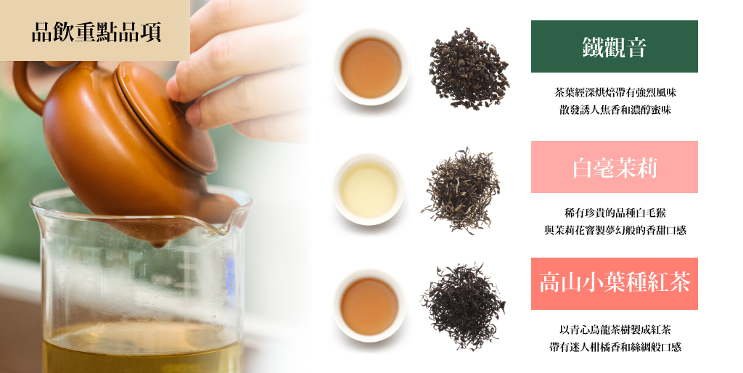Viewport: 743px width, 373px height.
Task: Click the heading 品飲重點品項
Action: tap(97, 32)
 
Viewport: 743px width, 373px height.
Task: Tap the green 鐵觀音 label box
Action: tap(614, 46)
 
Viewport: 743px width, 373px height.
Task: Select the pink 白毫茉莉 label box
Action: tap(614, 167)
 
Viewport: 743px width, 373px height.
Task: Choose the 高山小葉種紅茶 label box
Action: tap(614, 284)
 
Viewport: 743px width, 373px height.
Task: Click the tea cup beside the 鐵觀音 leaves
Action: tap(371, 67)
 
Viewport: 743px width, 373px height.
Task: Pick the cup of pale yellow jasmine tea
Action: tap(369, 189)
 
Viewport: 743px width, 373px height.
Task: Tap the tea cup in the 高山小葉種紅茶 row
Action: tap(369, 306)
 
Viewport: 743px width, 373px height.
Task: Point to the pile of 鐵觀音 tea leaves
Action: tap(469, 68)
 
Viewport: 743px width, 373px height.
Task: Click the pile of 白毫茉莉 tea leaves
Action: tap(461, 190)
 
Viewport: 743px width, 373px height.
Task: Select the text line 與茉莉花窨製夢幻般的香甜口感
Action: tap(615, 230)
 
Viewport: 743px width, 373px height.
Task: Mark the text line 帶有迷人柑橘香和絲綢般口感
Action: tap(615, 347)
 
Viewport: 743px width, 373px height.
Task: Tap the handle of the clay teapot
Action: tap(26, 88)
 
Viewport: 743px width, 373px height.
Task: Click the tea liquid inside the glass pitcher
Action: tap(142, 349)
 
